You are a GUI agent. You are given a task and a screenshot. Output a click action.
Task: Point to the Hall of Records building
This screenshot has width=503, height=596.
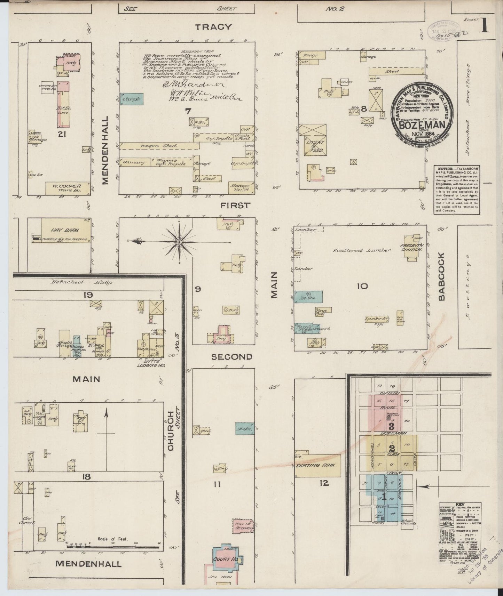point(243,526)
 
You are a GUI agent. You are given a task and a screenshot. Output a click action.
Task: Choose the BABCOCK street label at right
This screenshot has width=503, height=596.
point(442,277)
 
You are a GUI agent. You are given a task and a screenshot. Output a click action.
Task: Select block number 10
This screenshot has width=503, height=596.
point(362,286)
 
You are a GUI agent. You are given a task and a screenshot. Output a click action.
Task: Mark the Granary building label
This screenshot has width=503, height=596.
point(133,162)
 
